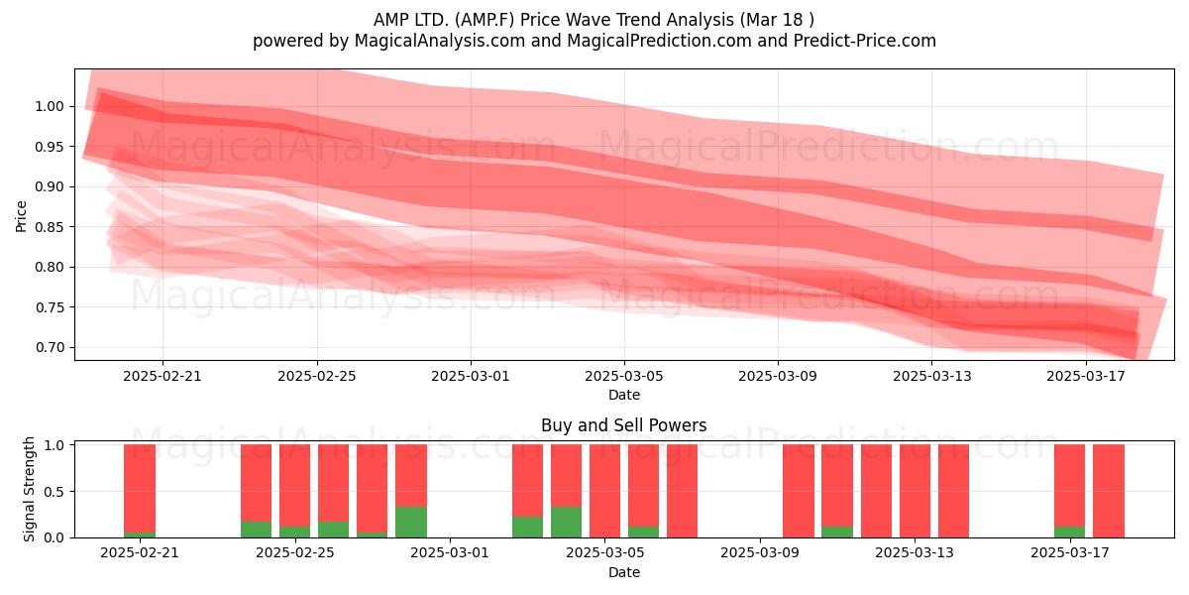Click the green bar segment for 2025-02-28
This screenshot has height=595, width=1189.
(x=411, y=522)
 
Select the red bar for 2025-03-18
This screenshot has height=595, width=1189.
(x=1109, y=491)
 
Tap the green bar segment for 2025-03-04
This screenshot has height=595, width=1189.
(x=566, y=522)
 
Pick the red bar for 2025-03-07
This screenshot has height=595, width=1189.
(x=682, y=491)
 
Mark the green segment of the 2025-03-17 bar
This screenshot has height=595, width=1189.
(x=1069, y=532)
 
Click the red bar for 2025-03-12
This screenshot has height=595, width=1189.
(x=876, y=491)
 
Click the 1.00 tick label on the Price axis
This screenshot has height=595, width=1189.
(x=50, y=106)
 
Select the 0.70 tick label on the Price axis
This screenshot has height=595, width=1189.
(x=50, y=347)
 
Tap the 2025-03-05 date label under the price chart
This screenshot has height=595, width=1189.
(x=624, y=376)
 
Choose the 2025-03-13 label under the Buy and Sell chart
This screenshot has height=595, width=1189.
(x=914, y=553)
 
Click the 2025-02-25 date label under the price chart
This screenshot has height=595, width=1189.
(x=317, y=376)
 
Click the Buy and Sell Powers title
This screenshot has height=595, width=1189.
(x=623, y=425)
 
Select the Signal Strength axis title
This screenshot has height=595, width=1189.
(x=29, y=489)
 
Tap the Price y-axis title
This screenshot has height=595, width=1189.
(x=21, y=216)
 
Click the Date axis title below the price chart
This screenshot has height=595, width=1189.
(x=624, y=395)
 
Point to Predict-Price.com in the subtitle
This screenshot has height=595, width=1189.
(x=865, y=41)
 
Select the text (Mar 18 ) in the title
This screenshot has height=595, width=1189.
(x=775, y=20)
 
